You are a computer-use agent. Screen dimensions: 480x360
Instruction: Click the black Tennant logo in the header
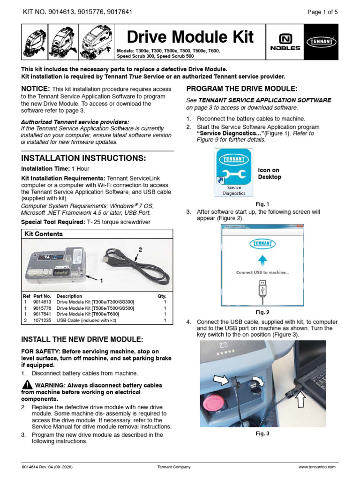click(x=321, y=41)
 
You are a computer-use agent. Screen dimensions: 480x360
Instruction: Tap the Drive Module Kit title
click(x=190, y=37)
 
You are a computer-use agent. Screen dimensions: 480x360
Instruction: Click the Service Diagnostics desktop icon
click(x=233, y=172)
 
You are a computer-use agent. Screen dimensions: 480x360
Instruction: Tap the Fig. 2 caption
click(x=262, y=312)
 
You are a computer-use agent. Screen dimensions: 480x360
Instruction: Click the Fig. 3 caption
click(x=262, y=434)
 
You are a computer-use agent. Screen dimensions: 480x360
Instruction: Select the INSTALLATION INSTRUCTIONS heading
click(x=84, y=157)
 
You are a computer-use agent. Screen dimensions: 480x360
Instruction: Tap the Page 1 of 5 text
click(x=322, y=13)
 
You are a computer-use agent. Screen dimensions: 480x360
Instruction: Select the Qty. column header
click(x=162, y=296)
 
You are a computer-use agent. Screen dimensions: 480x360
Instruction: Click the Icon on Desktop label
click(x=270, y=173)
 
